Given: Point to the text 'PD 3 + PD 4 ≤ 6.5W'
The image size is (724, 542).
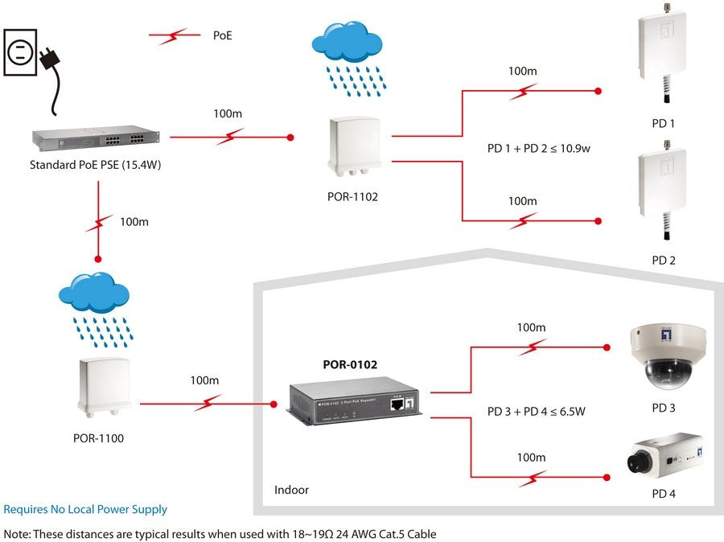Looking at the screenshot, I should [536, 412].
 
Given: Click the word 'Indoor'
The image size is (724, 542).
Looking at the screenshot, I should [291, 490].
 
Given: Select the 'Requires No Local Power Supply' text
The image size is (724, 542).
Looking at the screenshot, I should [85, 509].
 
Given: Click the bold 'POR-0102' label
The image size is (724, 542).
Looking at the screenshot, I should [350, 364].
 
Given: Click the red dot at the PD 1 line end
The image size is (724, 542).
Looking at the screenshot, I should [597, 91].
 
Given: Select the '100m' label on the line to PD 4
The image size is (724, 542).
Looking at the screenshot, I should [531, 458].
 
